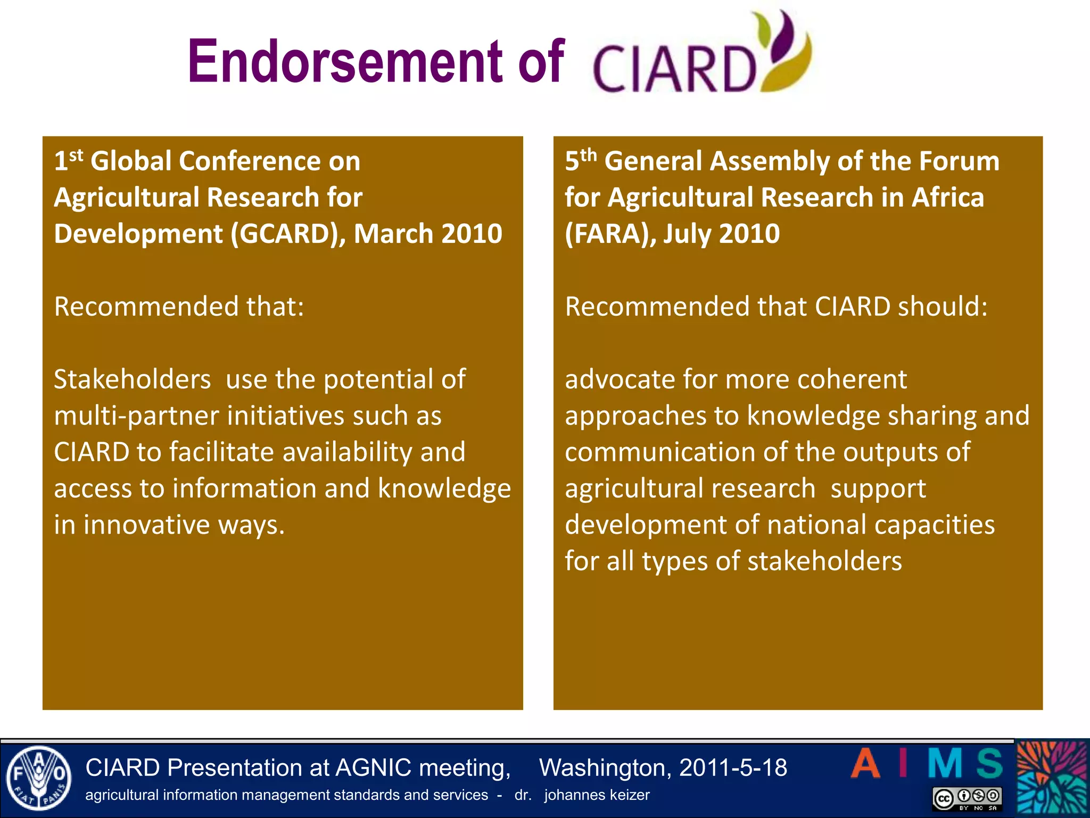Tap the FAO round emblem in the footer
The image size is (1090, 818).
click(x=38, y=778)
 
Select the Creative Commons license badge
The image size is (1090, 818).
click(x=967, y=798)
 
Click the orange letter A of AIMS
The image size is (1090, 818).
click(x=865, y=764)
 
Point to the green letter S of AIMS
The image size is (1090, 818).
click(x=989, y=764)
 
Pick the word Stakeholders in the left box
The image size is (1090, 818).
click(x=133, y=380)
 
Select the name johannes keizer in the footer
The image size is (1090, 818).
click(x=597, y=795)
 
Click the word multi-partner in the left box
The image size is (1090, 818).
click(x=136, y=416)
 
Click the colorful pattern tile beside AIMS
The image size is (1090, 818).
click(x=1052, y=778)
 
